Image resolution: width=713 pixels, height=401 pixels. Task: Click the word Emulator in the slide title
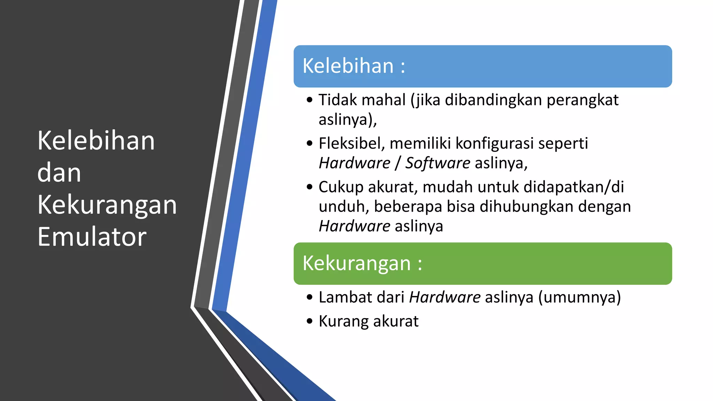click(x=92, y=237)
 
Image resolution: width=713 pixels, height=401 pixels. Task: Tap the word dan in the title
click(x=59, y=173)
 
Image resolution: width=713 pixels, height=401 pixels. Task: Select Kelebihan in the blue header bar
click(x=348, y=66)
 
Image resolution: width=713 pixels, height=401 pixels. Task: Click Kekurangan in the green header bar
click(x=356, y=263)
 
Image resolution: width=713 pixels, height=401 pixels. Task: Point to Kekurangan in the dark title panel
click(x=107, y=205)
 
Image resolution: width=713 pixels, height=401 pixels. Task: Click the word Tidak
click(x=338, y=100)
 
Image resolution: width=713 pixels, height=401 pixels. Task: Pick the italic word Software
click(x=438, y=163)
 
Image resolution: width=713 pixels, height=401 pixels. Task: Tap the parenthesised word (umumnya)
click(x=579, y=298)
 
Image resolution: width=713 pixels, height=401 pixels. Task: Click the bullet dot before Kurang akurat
click(x=310, y=321)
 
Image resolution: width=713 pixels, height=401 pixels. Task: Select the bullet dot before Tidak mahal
click(x=310, y=100)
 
